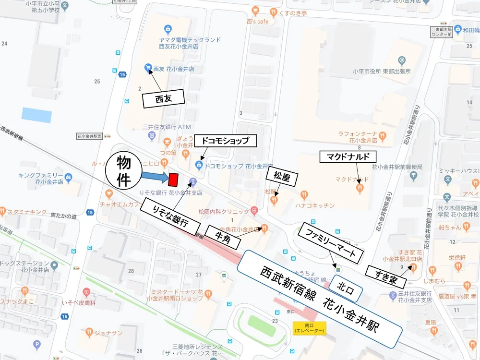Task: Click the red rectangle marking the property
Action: pyautogui.click(x=173, y=179)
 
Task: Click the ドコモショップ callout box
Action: pyautogui.click(x=226, y=141)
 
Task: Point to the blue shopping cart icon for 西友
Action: pyautogui.click(x=148, y=68)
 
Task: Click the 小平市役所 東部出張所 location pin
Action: pyautogui.click(x=402, y=60)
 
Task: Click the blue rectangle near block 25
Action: pyautogui.click(x=36, y=115)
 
